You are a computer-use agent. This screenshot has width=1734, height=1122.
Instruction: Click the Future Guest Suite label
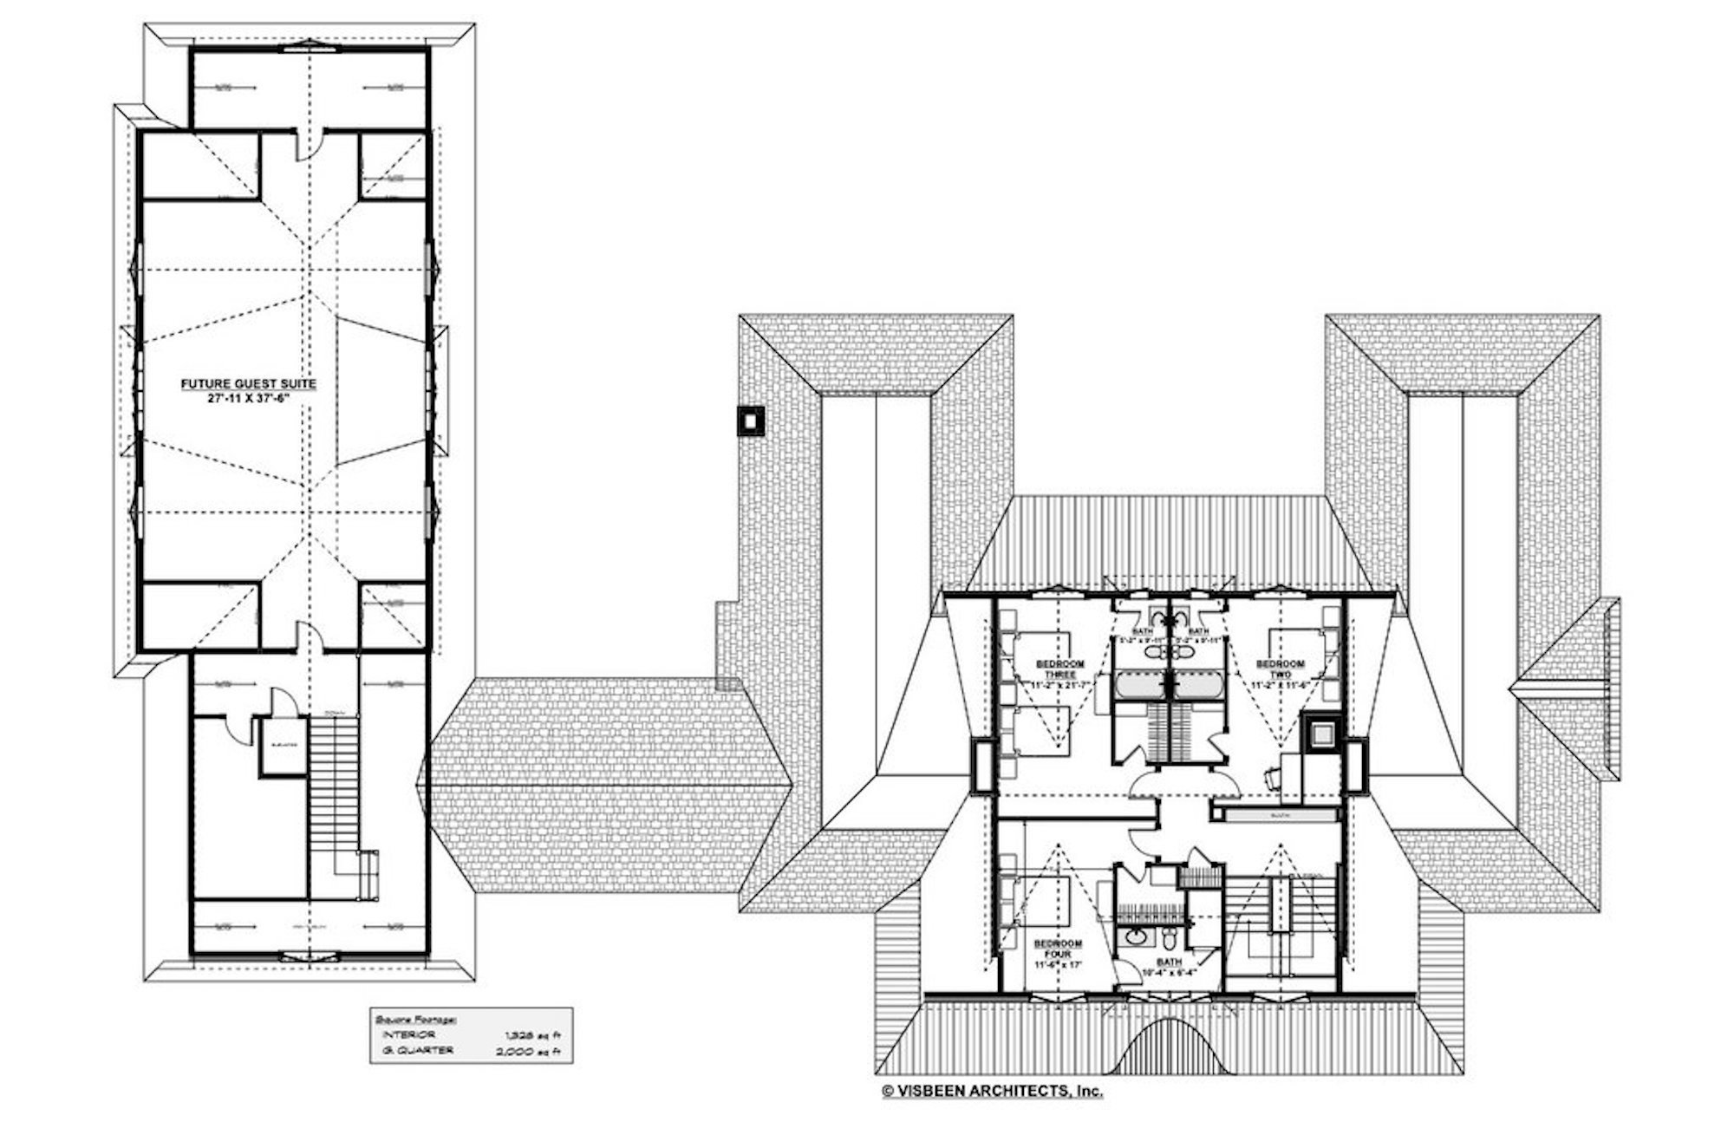(x=248, y=383)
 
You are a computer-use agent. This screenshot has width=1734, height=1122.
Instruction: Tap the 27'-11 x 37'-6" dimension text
(x=248, y=398)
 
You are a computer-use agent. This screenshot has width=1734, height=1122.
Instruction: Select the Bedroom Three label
(x=1060, y=669)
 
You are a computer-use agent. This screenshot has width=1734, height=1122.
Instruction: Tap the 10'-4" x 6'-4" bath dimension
(x=1169, y=973)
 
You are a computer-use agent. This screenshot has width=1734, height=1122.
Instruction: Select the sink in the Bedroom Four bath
(x=1135, y=937)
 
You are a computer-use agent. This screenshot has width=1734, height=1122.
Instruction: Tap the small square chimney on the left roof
(x=749, y=421)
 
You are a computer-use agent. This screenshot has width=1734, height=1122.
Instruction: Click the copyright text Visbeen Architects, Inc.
(x=992, y=1092)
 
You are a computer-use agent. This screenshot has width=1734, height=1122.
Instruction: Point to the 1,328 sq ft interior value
(x=536, y=1035)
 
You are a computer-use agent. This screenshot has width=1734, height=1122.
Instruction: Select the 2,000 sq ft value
(x=536, y=1051)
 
